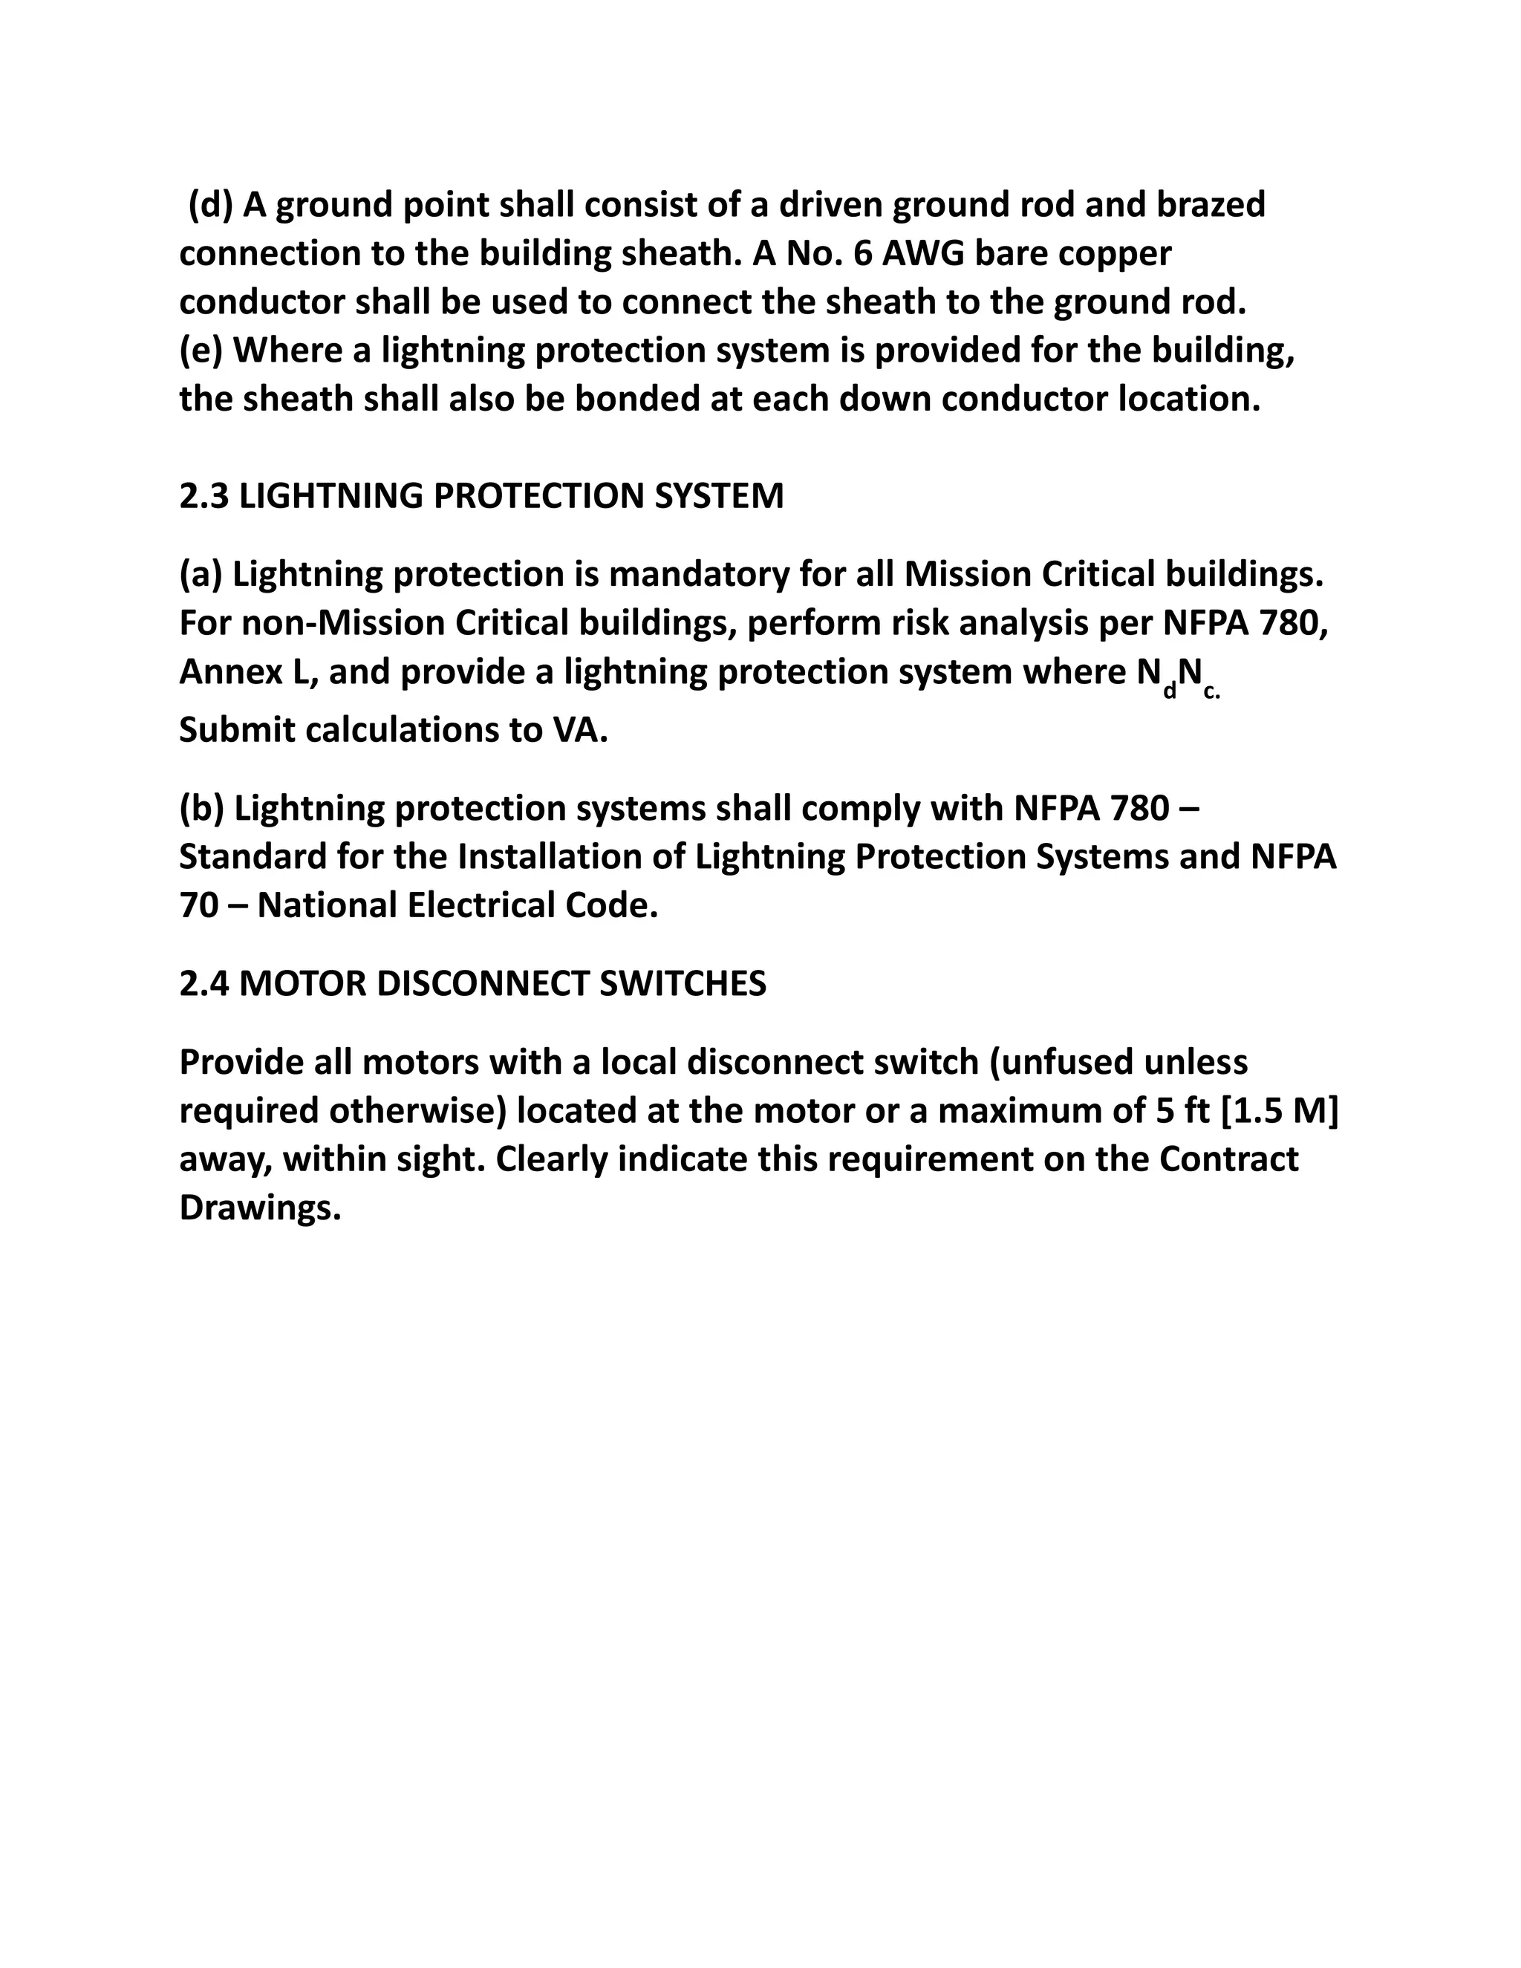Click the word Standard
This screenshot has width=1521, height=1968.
(253, 857)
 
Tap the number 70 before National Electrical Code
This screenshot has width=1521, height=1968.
(198, 905)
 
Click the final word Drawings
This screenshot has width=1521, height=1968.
(259, 1208)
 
